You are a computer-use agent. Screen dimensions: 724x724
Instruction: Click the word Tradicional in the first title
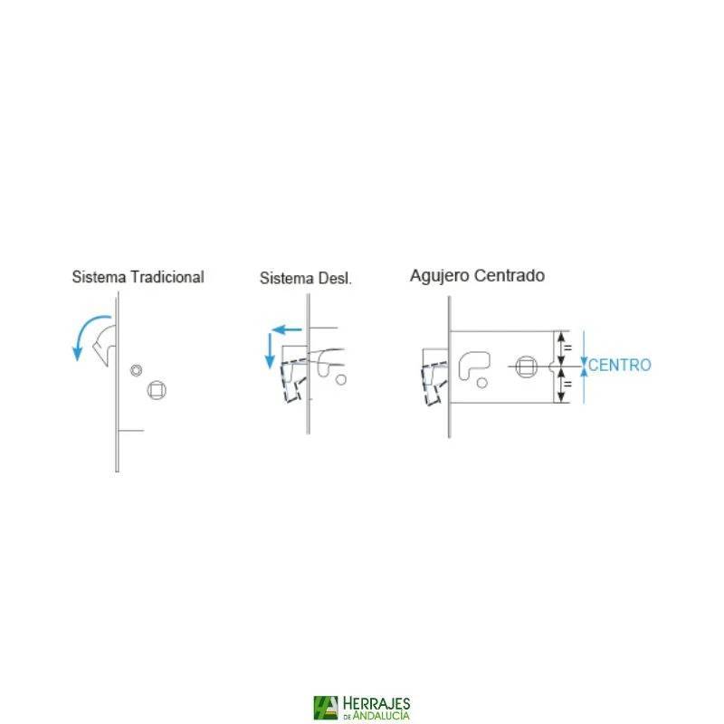point(167,277)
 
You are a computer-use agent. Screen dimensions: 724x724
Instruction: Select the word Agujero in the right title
point(439,276)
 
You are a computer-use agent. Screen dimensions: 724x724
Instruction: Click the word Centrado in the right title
point(510,275)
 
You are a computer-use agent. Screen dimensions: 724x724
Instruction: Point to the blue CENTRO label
point(620,366)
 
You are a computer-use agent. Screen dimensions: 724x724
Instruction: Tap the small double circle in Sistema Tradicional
point(137,370)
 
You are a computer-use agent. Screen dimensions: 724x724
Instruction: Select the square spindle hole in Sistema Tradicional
point(157,390)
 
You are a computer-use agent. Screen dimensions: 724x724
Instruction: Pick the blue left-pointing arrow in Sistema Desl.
point(286,329)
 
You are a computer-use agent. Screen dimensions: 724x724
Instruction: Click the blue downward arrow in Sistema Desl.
point(270,350)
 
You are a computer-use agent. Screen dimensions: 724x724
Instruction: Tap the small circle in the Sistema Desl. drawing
point(341,379)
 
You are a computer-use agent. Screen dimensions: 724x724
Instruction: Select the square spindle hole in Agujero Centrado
point(526,367)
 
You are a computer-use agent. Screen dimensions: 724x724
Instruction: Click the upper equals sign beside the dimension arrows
point(568,347)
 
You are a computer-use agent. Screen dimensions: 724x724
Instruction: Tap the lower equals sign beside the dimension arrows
point(568,384)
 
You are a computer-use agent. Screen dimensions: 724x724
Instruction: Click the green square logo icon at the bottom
point(326,708)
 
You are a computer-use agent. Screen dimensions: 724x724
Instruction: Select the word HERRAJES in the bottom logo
point(376,705)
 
